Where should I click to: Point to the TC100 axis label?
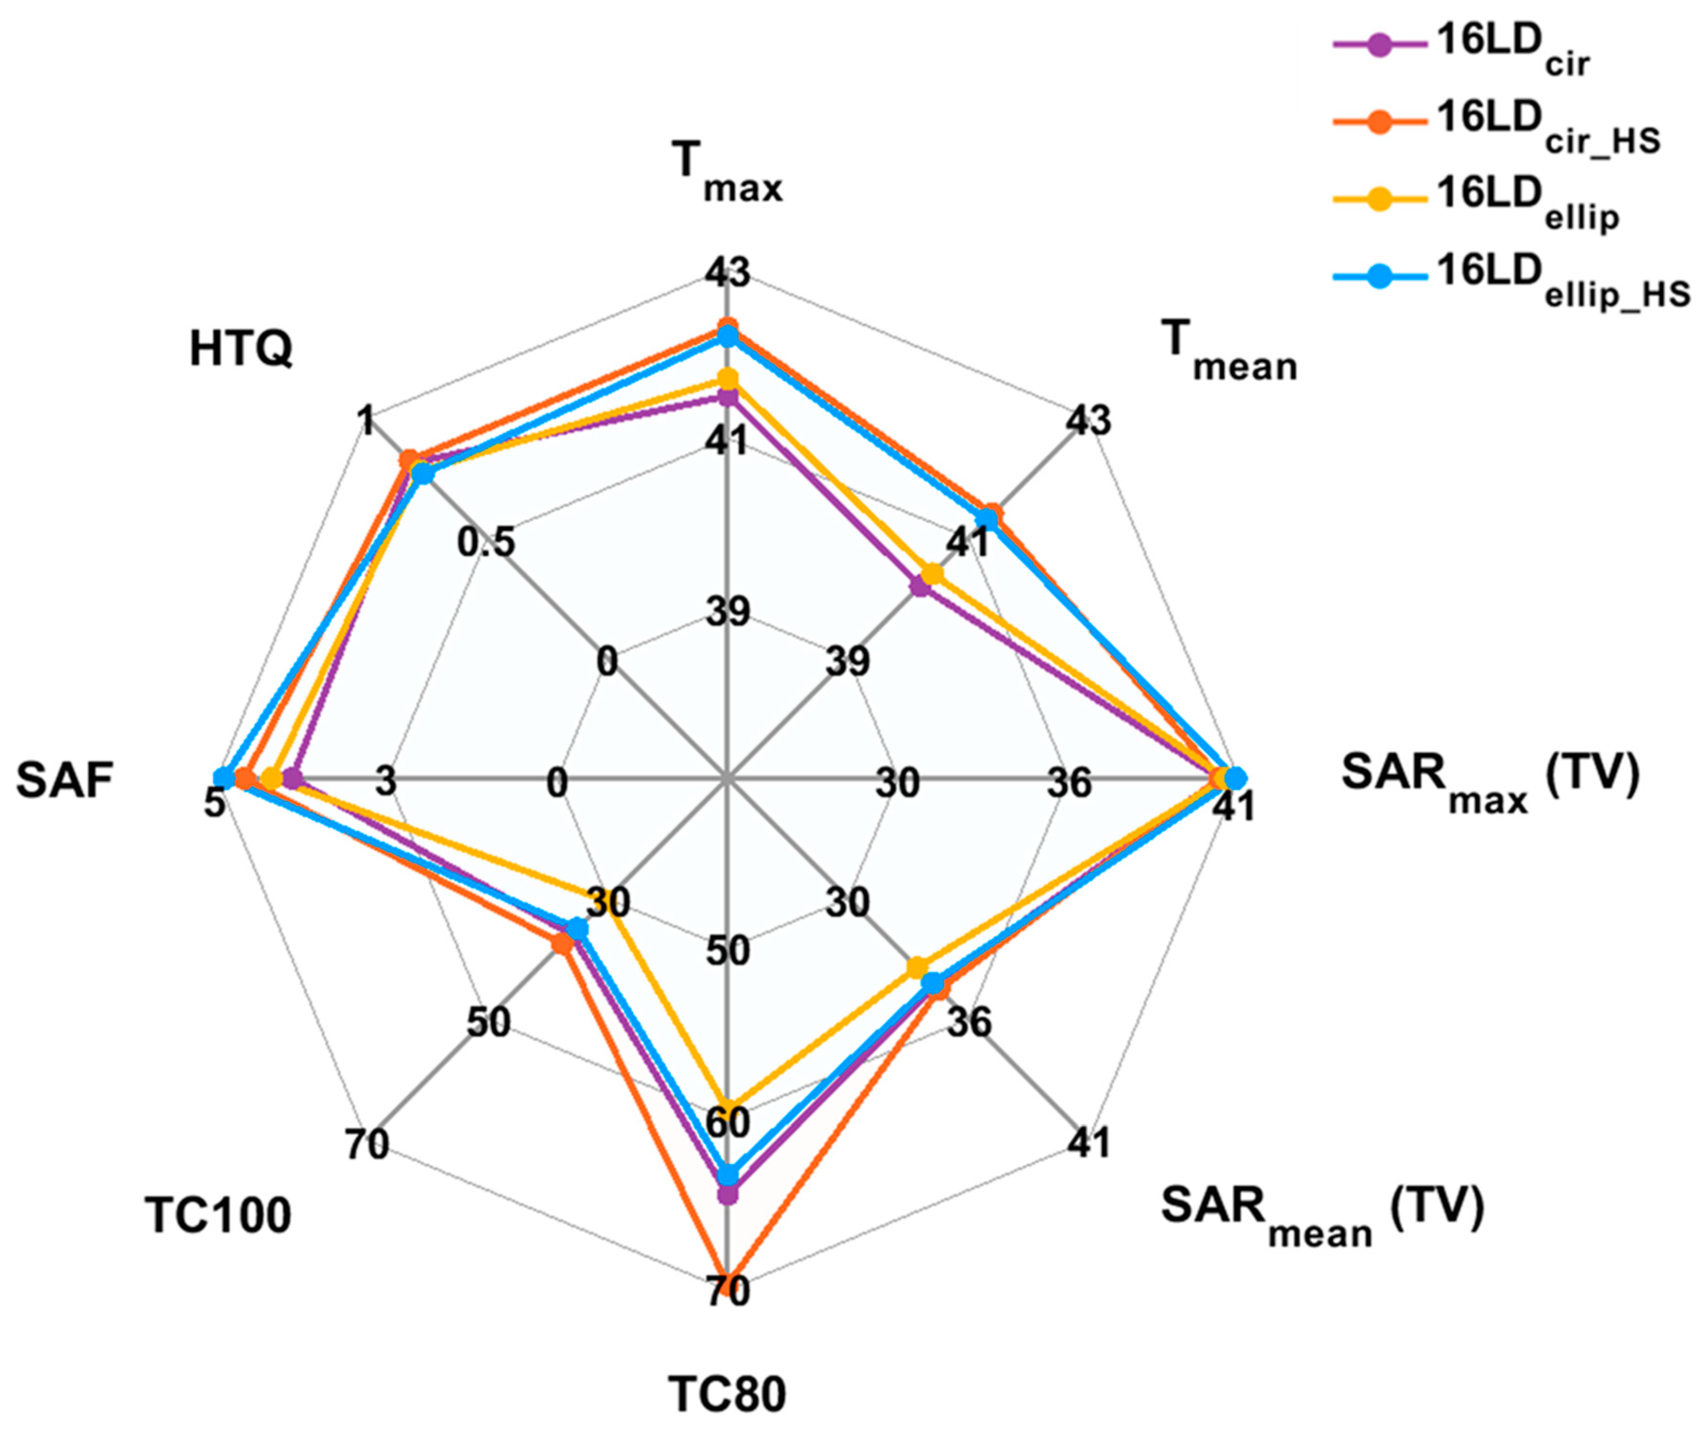coord(218,1216)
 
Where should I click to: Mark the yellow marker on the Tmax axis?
coord(728,379)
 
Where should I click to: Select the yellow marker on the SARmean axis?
coord(918,968)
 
